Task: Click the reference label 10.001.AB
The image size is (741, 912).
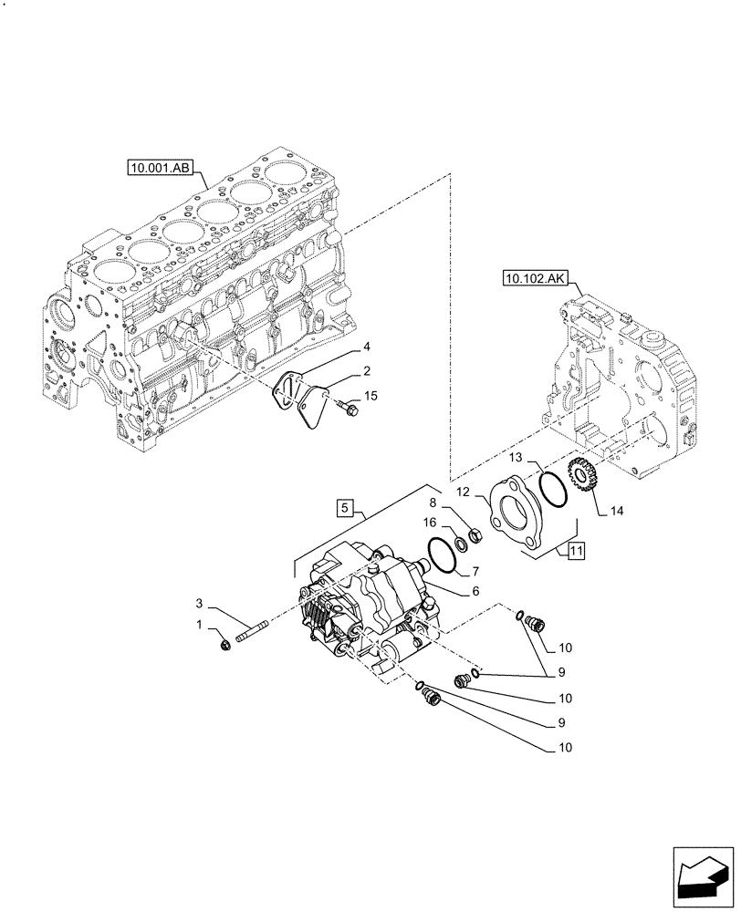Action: (160, 168)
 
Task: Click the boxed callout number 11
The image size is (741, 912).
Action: (576, 550)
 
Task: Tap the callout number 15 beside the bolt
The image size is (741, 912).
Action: (370, 395)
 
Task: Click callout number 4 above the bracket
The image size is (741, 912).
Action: (366, 347)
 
